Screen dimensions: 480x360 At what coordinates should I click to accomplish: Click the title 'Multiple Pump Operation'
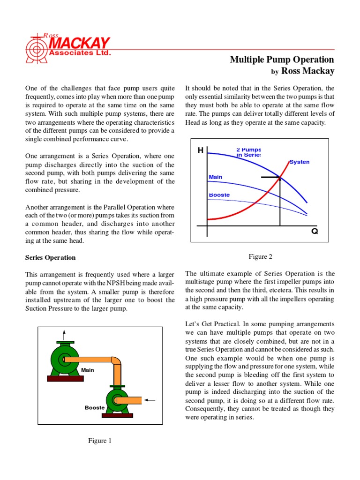(282, 60)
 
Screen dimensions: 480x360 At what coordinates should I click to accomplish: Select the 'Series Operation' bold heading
(50, 257)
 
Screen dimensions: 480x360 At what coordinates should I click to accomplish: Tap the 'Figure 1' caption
(100, 441)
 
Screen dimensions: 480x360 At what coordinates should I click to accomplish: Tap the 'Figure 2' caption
(260, 256)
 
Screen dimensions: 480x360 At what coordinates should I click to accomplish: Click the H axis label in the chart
(201, 150)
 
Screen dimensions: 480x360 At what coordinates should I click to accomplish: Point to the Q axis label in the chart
(315, 232)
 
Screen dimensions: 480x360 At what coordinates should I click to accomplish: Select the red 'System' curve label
(299, 162)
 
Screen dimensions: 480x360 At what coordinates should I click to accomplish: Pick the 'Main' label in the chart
(215, 177)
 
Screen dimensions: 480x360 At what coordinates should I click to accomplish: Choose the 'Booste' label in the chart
(218, 194)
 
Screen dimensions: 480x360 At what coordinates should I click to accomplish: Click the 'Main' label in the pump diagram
(88, 370)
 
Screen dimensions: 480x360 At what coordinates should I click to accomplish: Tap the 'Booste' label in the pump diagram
(95, 407)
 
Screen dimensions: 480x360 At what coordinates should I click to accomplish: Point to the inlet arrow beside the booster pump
(150, 400)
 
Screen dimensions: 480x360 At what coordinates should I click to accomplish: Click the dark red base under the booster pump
(117, 415)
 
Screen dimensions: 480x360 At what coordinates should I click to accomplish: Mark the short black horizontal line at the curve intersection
(270, 177)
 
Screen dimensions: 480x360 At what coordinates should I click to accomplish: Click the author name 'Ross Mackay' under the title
(307, 71)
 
